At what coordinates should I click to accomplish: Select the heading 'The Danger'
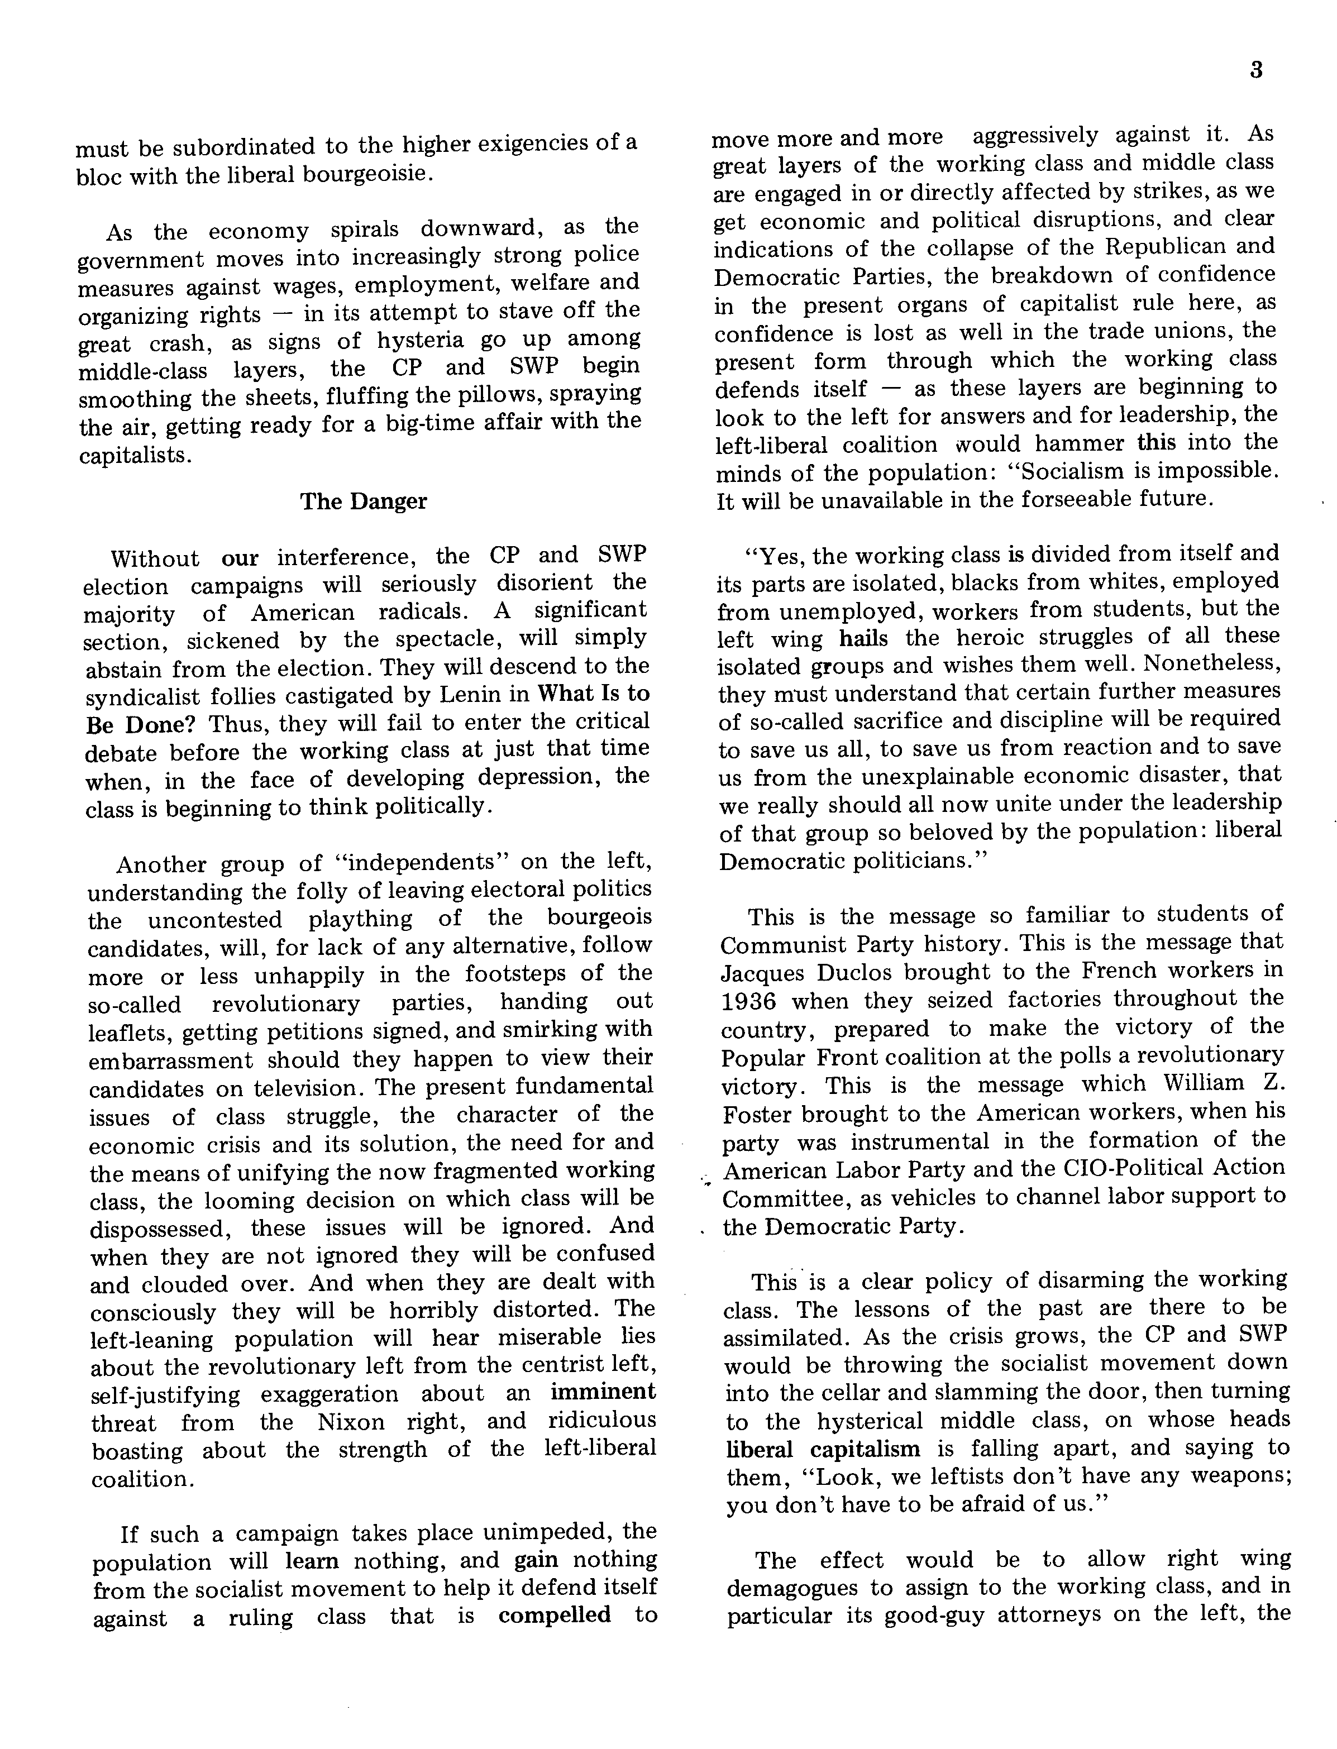(363, 501)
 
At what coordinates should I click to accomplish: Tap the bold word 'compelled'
(554, 1614)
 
